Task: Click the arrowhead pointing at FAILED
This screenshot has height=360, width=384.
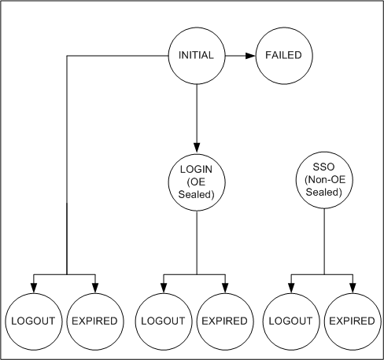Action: coord(250,56)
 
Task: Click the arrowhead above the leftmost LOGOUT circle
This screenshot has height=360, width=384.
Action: coord(34,288)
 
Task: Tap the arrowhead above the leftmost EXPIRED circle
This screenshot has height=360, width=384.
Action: coord(95,288)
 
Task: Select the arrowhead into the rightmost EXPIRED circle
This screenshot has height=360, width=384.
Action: coord(353,288)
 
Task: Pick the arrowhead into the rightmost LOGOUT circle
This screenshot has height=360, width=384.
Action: coord(291,288)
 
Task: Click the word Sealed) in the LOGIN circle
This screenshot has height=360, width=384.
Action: coord(197,195)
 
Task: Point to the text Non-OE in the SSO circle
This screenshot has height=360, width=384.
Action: coord(325,180)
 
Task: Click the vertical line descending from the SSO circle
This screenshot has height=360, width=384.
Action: coord(324,241)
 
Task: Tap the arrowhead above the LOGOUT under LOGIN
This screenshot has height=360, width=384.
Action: coord(164,288)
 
